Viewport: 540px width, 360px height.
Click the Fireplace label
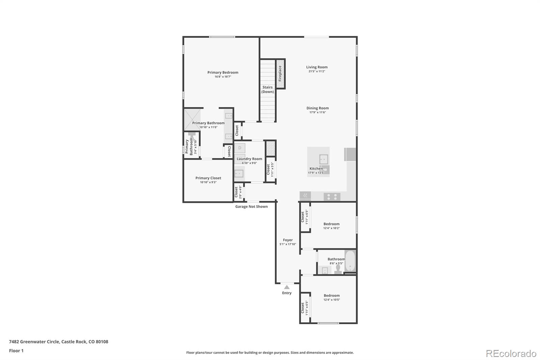[280, 73]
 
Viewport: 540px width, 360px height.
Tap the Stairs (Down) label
[268, 89]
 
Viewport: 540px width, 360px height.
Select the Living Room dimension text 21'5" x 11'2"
[317, 71]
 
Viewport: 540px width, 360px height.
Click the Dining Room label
[317, 108]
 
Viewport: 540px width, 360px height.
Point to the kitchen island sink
[323, 159]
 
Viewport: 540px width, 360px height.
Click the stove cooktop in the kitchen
[332, 197]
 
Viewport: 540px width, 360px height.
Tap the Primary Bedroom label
[223, 72]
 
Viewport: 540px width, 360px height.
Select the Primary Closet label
[208, 178]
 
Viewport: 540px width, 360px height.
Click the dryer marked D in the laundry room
[240, 148]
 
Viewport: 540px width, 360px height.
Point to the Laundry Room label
[249, 159]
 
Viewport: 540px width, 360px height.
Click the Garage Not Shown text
[251, 206]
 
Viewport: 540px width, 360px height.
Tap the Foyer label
[288, 240]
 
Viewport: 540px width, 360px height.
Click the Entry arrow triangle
[287, 287]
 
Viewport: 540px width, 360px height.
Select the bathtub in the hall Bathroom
[350, 261]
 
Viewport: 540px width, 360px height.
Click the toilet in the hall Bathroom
[338, 269]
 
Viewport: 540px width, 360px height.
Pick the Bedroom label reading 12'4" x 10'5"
[332, 295]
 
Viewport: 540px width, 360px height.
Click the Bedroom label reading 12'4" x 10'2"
[331, 224]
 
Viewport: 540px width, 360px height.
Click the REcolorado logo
[511, 353]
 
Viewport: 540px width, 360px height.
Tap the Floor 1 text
[16, 351]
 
